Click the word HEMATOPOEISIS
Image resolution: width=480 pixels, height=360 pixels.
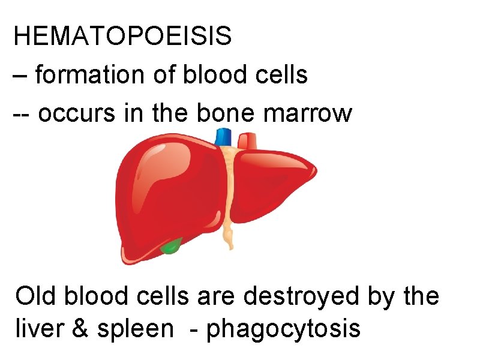[x=122, y=37]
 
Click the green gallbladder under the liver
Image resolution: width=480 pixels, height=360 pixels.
[x=172, y=246]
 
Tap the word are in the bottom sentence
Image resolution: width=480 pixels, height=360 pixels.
[x=226, y=296]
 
